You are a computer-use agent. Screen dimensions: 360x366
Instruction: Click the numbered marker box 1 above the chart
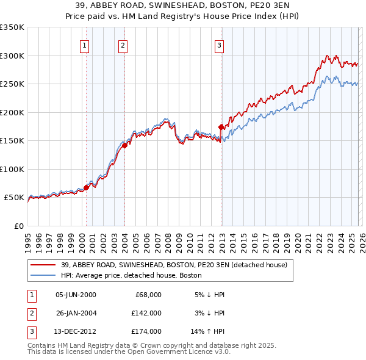pyautogui.click(x=84, y=45)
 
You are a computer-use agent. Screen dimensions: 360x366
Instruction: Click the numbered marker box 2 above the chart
pyautogui.click(x=123, y=45)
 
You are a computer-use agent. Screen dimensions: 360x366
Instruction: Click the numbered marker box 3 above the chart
pyautogui.click(x=219, y=45)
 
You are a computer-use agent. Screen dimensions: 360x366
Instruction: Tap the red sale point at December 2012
pyautogui.click(x=221, y=127)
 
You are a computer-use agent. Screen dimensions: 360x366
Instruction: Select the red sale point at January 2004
pyautogui.click(x=124, y=145)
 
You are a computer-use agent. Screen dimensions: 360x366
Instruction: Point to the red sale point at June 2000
pyautogui.click(x=86, y=187)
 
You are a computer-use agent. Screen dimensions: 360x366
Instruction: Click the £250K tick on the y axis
pyautogui.click(x=12, y=84)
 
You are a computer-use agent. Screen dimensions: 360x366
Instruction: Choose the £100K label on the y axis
pyautogui.click(x=12, y=169)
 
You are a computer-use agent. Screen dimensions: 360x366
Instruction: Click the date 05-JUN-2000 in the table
pyautogui.click(x=76, y=295)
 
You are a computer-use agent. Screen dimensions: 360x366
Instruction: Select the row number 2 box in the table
pyautogui.click(x=30, y=313)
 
